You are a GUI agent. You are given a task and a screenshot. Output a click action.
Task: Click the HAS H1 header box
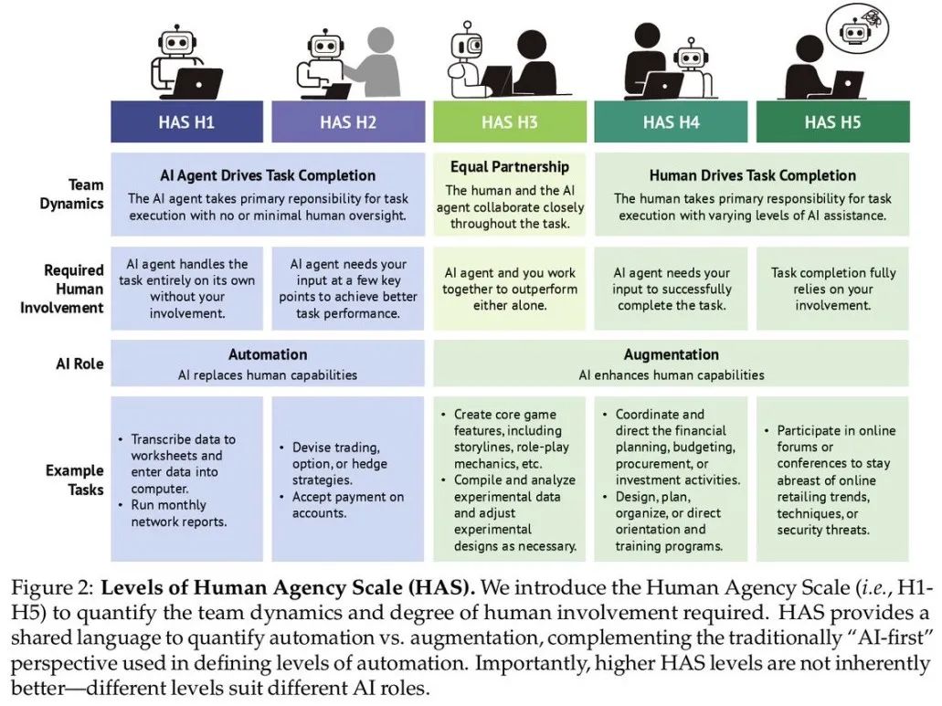186,121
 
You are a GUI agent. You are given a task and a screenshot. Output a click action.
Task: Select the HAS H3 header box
510,121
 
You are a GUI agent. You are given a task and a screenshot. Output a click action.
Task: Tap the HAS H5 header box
832,121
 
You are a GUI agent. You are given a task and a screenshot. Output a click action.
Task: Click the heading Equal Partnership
510,167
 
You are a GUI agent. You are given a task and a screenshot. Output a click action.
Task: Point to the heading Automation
268,354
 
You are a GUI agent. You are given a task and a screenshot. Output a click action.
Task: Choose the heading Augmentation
671,354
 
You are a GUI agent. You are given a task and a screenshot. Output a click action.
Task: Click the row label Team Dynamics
72,194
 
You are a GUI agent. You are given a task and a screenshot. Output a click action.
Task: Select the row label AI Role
79,364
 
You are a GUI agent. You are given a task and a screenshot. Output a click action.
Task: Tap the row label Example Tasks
75,479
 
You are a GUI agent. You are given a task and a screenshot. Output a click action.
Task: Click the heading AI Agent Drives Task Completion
268,175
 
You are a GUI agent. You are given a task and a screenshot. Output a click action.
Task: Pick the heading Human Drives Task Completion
752,175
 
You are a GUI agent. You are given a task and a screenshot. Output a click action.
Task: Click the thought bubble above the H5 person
857,27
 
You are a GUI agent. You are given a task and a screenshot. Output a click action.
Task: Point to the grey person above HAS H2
376,62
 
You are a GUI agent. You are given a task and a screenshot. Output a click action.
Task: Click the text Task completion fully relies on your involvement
833,289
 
